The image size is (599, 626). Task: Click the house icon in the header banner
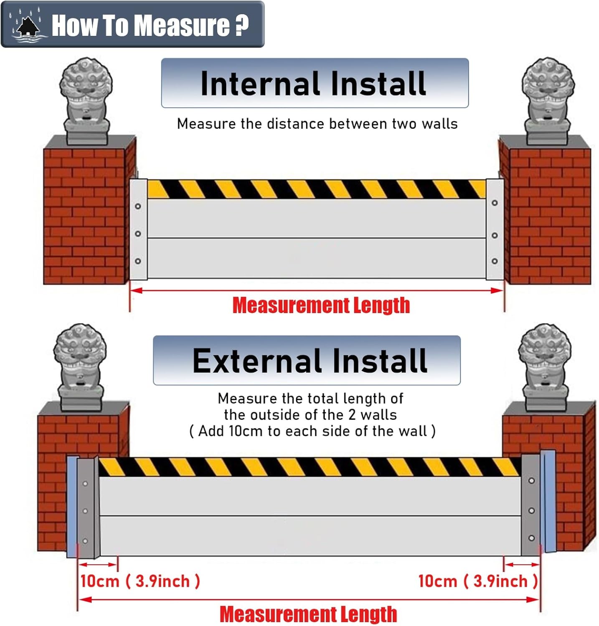coord(28,26)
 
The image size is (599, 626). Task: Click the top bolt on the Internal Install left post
coord(138,206)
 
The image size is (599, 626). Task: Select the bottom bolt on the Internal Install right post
coord(495,261)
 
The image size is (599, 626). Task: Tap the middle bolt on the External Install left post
coord(85,511)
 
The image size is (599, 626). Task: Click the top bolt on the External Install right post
coord(531,481)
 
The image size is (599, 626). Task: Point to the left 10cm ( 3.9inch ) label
coord(140,581)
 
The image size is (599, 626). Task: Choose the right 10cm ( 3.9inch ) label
coord(478,581)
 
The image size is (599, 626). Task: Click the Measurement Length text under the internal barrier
coord(321,305)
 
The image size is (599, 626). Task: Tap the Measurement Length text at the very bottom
coord(308,614)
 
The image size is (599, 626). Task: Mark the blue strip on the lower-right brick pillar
coord(548,501)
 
